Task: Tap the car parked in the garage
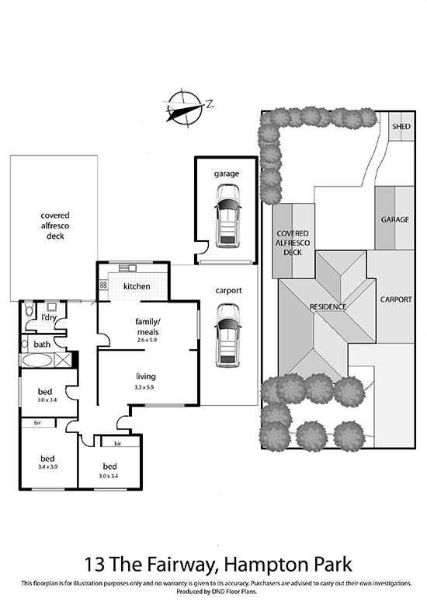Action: [x=228, y=216]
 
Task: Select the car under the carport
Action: [x=228, y=335]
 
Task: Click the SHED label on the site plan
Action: [x=401, y=127]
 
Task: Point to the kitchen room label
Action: [x=137, y=286]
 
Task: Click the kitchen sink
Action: [x=127, y=268]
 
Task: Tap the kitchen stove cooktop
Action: [x=103, y=285]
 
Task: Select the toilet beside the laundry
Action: [x=29, y=309]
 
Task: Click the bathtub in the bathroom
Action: [x=37, y=360]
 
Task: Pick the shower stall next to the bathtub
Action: [x=62, y=360]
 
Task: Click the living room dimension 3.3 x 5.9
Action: [x=144, y=387]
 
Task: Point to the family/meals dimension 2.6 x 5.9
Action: [x=147, y=341]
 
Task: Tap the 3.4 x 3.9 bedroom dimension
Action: [x=47, y=467]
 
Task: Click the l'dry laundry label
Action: [x=49, y=317]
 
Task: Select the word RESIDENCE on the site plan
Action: [x=328, y=307]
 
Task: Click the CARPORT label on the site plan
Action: [x=396, y=300]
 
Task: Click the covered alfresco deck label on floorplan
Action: [x=55, y=226]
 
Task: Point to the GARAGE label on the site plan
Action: [x=394, y=219]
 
